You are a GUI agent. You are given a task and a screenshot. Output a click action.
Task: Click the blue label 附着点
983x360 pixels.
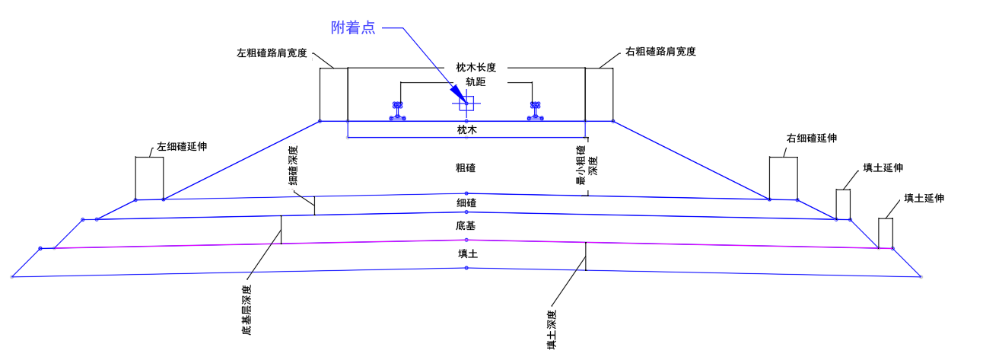click(353, 27)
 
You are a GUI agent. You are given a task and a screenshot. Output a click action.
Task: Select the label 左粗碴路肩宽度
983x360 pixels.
click(272, 53)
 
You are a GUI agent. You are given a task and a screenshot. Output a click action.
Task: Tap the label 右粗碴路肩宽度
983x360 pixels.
click(660, 52)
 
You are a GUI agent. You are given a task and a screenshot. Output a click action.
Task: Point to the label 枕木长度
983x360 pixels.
click(466, 68)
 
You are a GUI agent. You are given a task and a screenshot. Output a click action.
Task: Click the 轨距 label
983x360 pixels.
click(466, 81)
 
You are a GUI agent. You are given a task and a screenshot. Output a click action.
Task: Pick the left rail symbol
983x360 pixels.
click(397, 111)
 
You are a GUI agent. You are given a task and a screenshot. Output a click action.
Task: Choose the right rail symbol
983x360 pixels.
click(536, 111)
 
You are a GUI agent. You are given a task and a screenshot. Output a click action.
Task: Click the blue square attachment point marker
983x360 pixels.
click(466, 104)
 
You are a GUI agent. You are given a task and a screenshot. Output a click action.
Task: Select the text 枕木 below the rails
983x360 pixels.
click(466, 130)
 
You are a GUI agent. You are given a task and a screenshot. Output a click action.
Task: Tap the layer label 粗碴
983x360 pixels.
click(466, 167)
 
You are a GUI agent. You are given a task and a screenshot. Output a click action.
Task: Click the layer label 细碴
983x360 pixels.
click(466, 202)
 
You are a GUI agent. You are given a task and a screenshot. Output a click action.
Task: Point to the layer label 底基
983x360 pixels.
click(466, 226)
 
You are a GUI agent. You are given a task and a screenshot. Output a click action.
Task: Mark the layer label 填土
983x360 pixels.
click(467, 254)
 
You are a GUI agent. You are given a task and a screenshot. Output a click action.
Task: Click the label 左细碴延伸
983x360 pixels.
click(182, 146)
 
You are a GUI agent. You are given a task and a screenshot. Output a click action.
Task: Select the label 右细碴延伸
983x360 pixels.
click(811, 139)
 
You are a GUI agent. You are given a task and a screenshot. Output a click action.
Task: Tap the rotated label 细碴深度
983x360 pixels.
click(293, 166)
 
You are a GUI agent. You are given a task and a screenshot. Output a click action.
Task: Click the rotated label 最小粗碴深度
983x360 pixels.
click(586, 164)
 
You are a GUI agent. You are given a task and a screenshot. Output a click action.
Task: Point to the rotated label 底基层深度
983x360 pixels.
click(246, 310)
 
